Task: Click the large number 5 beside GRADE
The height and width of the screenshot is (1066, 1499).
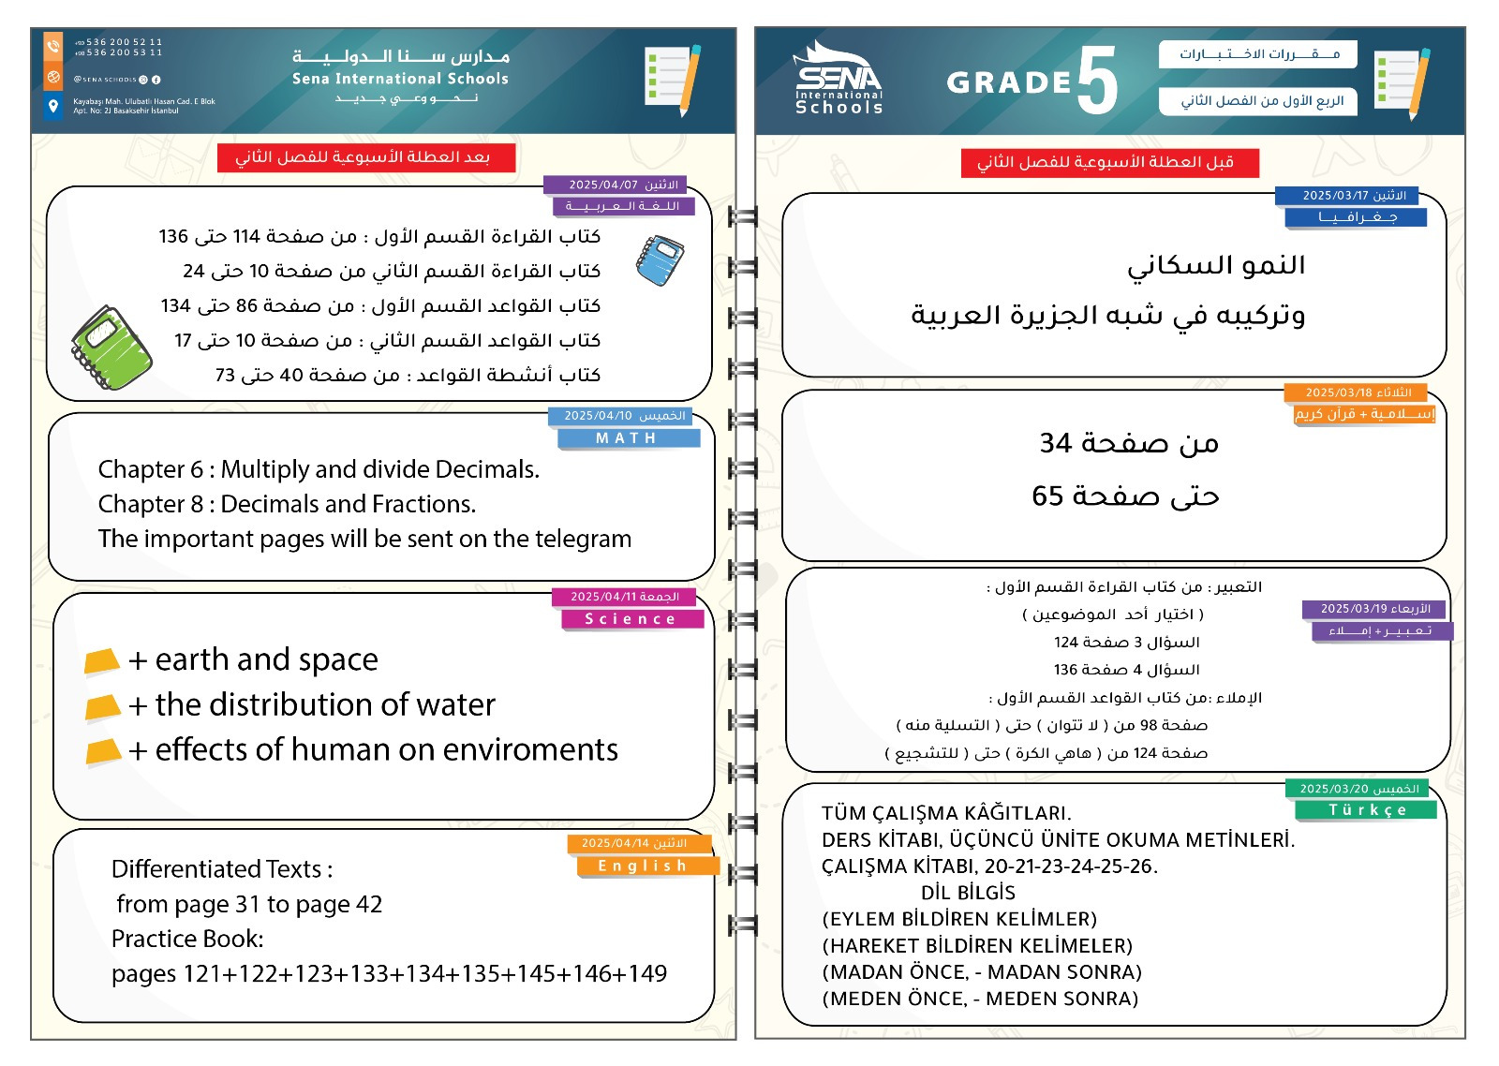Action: tap(1097, 81)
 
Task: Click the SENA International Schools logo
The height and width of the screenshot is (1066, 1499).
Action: tap(839, 80)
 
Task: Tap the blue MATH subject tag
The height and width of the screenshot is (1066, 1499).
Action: tap(628, 438)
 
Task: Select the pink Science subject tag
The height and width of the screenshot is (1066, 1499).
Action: tap(631, 619)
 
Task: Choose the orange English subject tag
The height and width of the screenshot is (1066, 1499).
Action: tap(645, 866)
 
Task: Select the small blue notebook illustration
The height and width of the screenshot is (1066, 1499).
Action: tap(660, 259)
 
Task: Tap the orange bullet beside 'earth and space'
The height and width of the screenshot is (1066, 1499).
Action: tap(102, 661)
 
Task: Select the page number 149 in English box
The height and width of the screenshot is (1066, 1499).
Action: tap(648, 974)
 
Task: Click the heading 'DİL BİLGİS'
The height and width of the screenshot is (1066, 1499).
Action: tap(968, 893)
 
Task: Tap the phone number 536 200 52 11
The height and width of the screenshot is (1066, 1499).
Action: tap(125, 42)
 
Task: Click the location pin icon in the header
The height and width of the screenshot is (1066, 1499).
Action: tap(53, 106)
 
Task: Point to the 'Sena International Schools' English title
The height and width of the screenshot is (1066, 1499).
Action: tap(400, 80)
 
